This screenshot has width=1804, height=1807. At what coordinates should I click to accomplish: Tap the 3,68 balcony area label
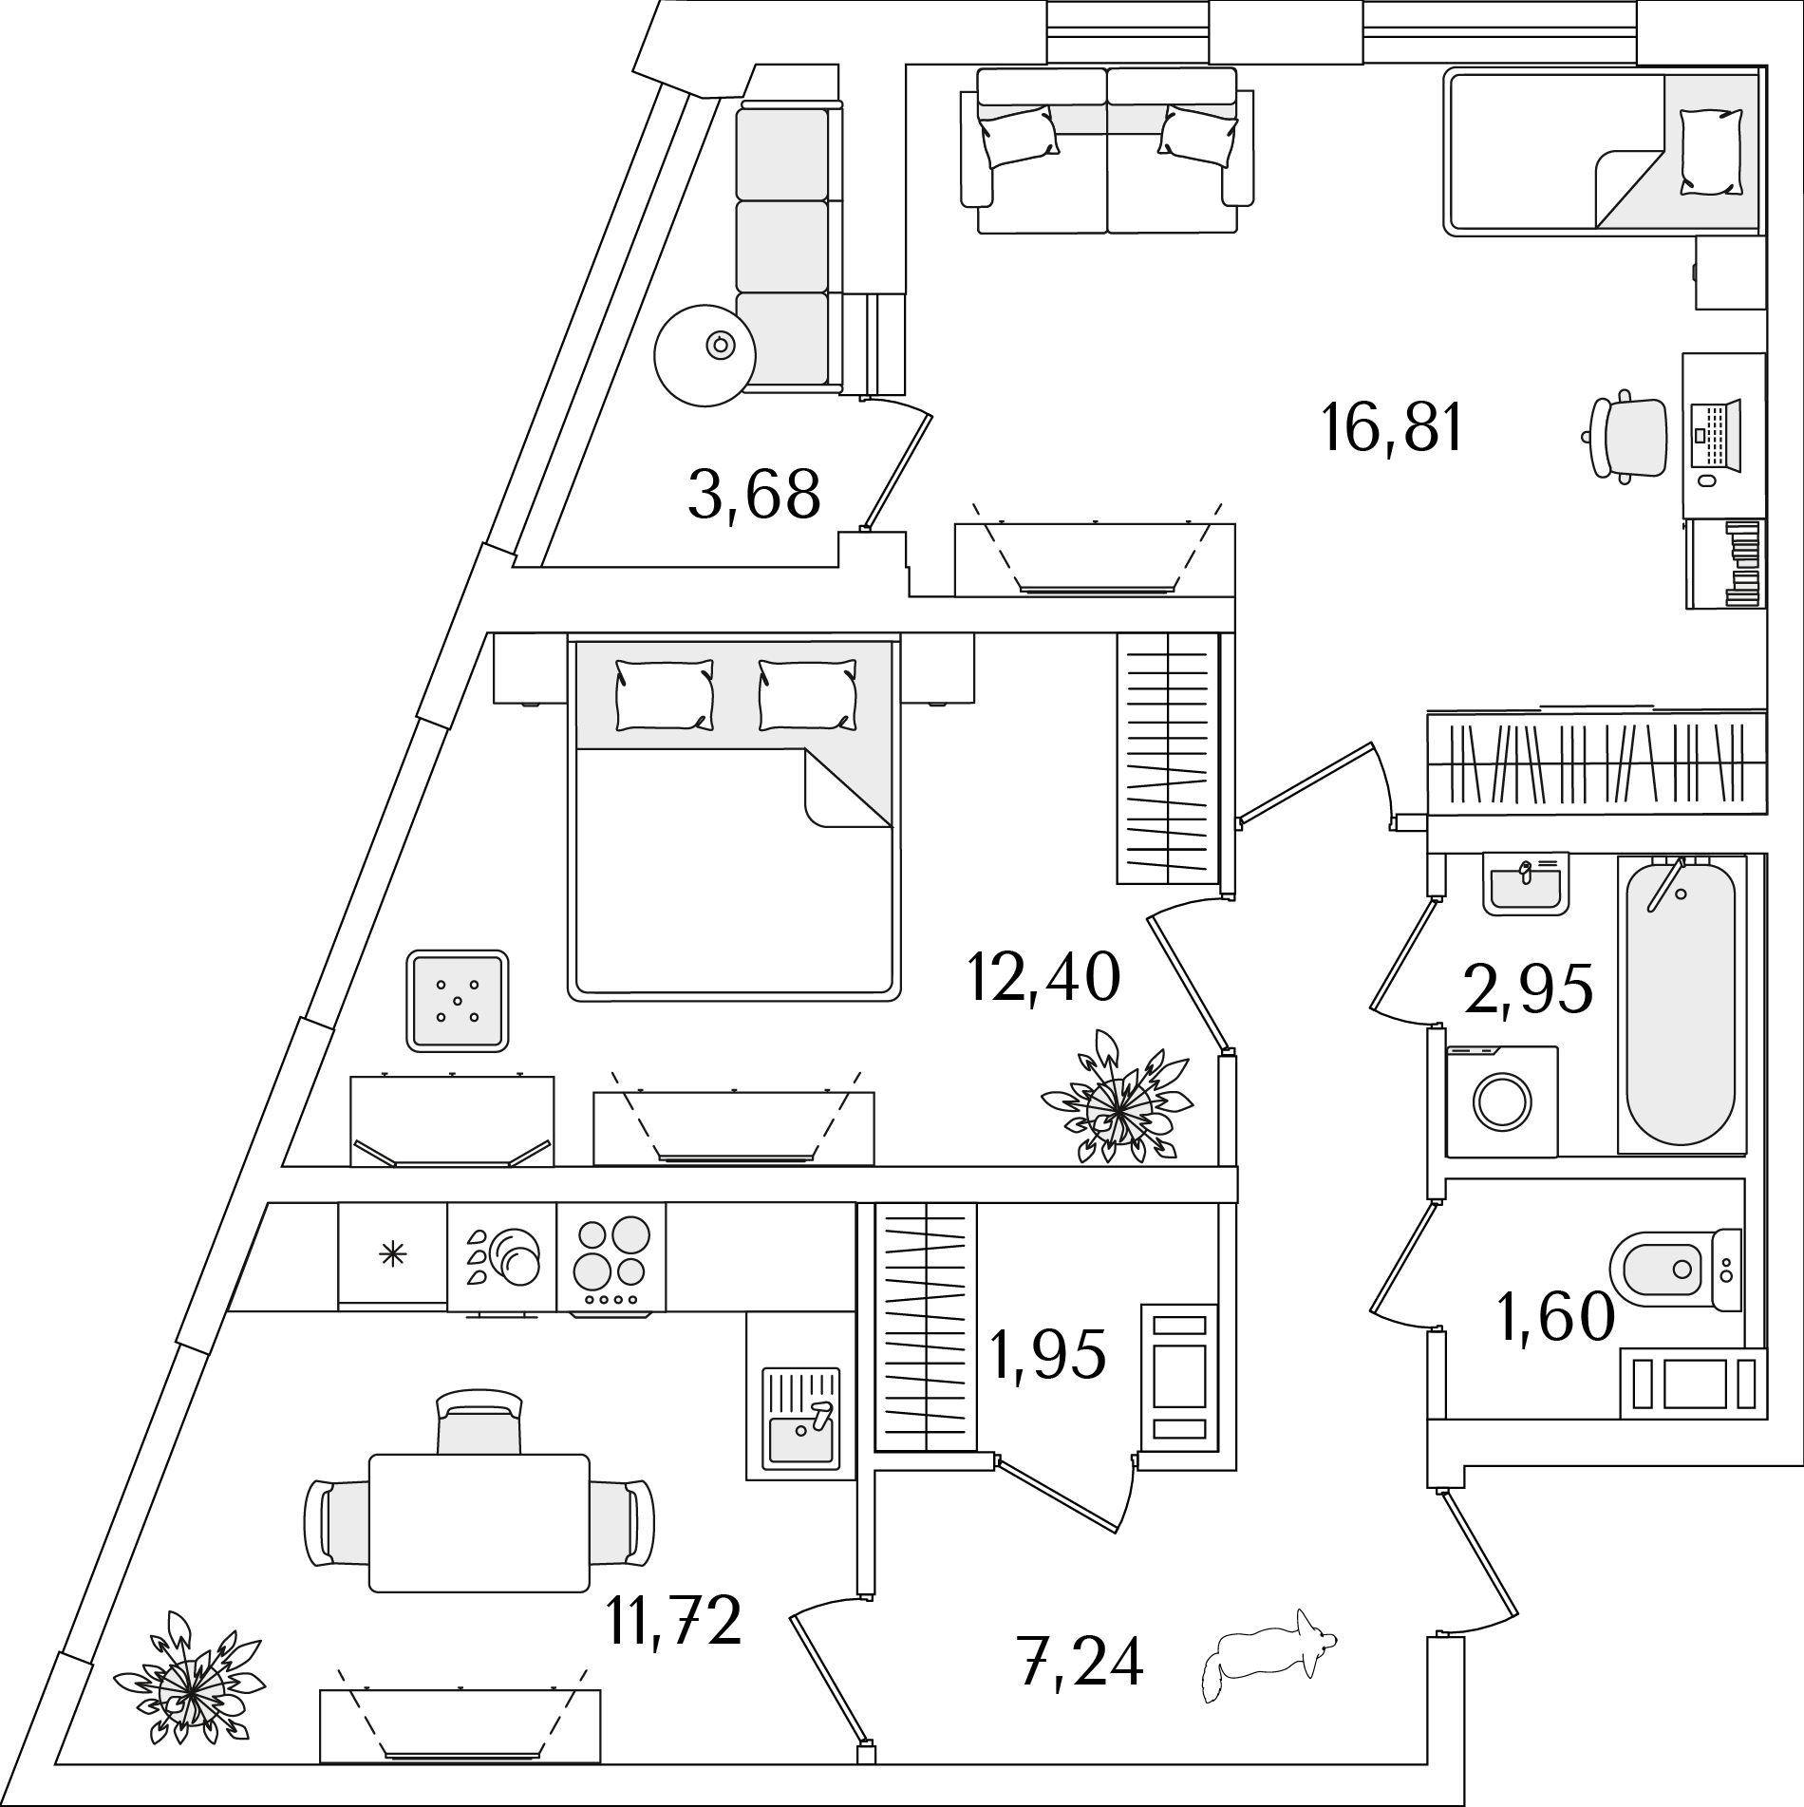coord(754,495)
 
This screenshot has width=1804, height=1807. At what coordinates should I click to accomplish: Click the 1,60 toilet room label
coord(1555,1319)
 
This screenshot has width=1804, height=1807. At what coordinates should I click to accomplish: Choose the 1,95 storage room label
coord(1047,1353)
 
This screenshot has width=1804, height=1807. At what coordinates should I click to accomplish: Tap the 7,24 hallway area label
coord(1081,1687)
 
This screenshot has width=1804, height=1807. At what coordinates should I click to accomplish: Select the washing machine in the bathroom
coord(1502,1101)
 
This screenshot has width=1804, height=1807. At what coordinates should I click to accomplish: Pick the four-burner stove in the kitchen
coord(611,1258)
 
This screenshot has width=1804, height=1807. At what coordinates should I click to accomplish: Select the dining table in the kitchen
coord(479,1535)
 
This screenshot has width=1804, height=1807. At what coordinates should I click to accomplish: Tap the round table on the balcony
coord(705,354)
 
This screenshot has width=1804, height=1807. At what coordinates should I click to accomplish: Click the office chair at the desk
coord(1627,437)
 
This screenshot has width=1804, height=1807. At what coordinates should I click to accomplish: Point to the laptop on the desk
coord(1718,436)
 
